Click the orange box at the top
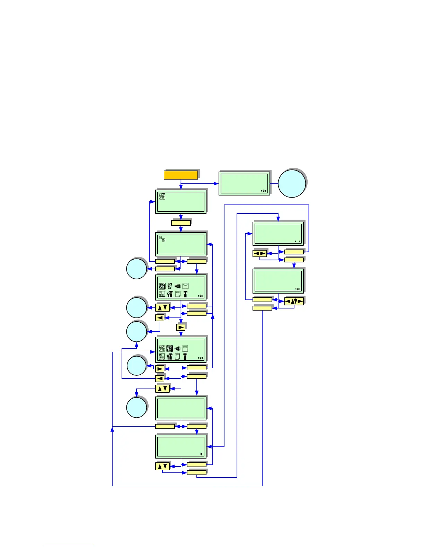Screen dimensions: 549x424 (181, 175)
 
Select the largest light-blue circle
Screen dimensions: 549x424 (292, 184)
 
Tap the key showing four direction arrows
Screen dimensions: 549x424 (294, 301)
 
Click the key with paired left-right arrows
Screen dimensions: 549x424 (260, 253)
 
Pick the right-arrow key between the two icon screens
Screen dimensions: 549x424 (181, 327)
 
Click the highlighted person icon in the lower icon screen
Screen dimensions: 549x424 (169, 348)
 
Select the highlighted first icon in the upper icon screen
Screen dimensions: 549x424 (162, 286)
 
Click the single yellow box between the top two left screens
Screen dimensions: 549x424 (181, 223)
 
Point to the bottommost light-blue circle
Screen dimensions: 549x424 (136, 408)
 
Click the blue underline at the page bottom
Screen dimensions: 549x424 (69, 546)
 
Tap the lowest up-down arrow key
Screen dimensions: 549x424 (162, 467)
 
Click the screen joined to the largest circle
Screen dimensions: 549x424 (244, 183)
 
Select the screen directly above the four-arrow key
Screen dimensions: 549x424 (278, 280)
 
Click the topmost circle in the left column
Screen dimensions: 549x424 (136, 269)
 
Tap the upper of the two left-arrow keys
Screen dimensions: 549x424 (160, 317)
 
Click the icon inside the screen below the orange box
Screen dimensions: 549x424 (162, 196)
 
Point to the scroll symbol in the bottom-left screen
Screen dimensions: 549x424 (201, 454)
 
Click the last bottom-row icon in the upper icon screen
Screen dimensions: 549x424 (185, 294)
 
